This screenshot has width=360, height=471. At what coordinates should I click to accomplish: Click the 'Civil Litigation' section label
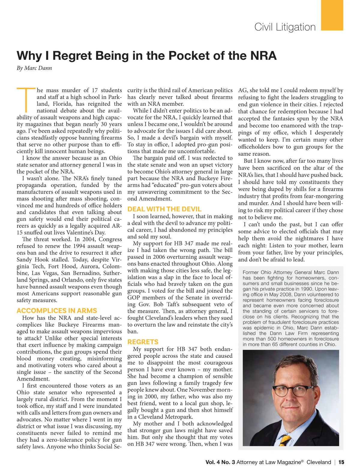coord(285,27)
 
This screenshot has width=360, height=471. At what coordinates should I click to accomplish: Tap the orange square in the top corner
coord(332,15)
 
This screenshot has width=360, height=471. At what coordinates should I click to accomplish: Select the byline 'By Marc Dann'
coord(34,68)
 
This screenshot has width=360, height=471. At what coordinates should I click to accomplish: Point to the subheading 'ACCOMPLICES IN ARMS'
coord(57,311)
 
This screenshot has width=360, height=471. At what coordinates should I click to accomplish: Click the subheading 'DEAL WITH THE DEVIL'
coord(164,209)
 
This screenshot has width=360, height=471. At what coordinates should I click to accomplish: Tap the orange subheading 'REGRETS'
coord(143,342)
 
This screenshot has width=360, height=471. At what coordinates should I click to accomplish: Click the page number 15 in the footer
coord(341,462)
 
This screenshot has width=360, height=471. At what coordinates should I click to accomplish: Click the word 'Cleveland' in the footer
coord(319,462)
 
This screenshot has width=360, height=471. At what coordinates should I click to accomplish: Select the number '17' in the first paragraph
coord(95,90)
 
